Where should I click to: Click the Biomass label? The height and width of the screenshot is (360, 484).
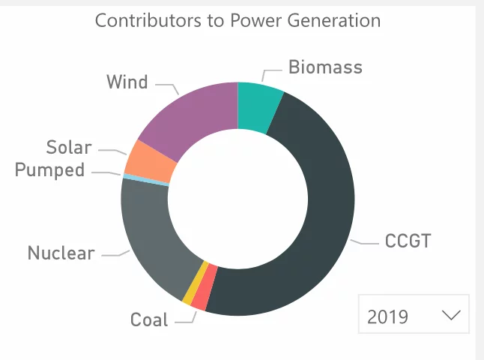[325, 67]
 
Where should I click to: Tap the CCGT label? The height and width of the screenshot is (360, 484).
[409, 241]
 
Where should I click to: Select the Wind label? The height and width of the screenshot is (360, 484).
[127, 82]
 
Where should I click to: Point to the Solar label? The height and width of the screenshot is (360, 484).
[68, 147]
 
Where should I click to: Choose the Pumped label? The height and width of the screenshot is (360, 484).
[50, 170]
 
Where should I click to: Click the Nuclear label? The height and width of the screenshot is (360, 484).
[61, 253]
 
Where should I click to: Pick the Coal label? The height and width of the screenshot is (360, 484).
[149, 320]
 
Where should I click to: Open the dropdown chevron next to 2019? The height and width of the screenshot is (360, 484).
[452, 316]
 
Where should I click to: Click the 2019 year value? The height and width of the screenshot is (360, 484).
[388, 316]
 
